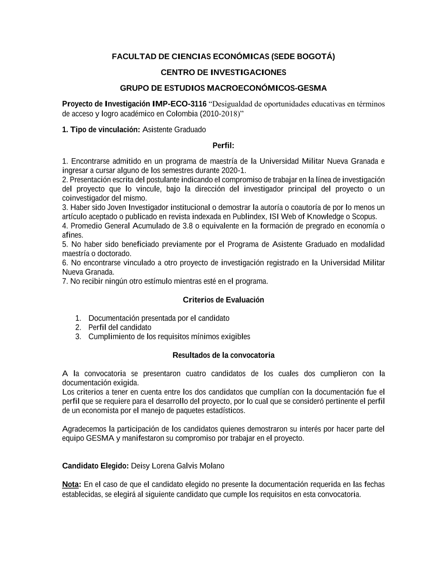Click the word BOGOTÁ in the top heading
316,57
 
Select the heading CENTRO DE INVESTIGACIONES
223,72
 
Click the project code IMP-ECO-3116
179,104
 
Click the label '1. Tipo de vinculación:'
101,130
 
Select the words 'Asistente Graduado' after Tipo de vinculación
174,130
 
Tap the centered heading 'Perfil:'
223,146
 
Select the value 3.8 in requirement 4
188,226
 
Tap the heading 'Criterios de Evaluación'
223,300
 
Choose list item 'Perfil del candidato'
120,327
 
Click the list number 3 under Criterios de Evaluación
78,337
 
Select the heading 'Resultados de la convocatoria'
223,356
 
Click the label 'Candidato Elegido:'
95,466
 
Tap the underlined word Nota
70,485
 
